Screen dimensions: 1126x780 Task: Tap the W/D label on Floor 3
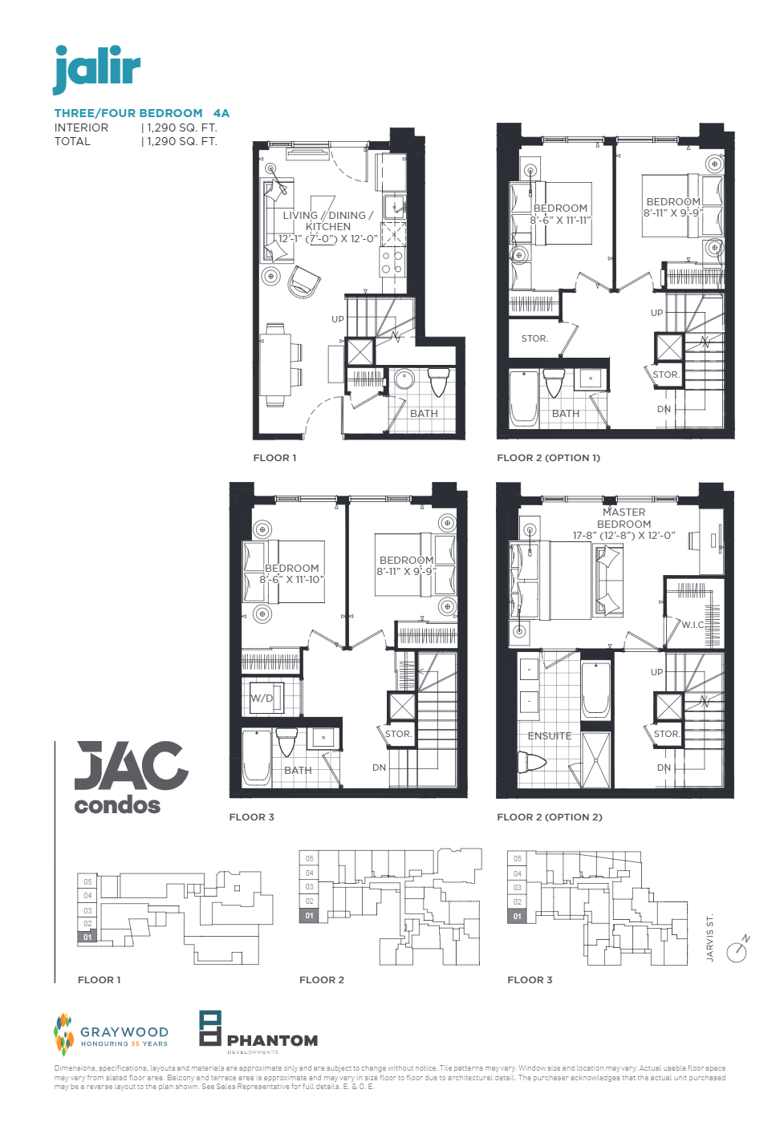262,698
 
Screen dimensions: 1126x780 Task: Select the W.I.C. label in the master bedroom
693,625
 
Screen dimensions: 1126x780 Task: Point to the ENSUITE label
550,735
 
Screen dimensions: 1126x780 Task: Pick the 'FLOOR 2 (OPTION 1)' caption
548,458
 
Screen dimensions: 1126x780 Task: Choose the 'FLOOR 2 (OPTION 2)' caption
549,817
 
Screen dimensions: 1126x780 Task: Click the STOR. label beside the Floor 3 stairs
398,734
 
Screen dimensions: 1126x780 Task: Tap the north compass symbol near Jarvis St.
737,951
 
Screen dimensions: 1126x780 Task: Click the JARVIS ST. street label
710,938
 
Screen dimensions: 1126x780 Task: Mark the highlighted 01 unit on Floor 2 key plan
310,916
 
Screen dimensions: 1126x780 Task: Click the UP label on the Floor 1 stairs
338,319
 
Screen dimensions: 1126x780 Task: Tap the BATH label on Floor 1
424,414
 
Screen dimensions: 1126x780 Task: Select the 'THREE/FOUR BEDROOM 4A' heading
142,113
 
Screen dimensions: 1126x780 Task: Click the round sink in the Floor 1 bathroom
404,379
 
